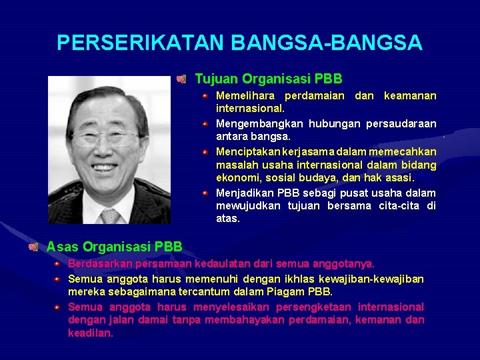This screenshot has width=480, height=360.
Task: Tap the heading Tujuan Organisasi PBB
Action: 268,79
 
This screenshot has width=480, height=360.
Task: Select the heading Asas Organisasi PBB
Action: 114,247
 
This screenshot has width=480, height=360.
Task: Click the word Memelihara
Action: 247,96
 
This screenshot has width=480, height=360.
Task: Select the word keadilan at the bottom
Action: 90,333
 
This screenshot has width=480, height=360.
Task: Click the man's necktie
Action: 111,215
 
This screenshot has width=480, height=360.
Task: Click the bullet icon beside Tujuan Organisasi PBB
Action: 181,79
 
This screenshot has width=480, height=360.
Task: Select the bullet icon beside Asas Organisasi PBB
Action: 33,247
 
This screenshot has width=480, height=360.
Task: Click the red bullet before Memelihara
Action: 207,96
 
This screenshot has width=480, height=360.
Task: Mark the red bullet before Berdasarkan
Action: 59,264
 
